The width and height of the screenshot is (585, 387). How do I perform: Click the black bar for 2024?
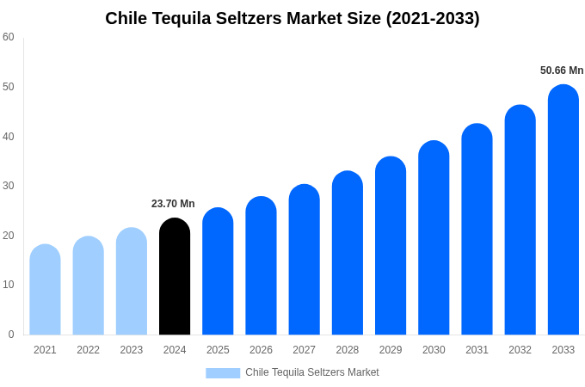(x=175, y=276)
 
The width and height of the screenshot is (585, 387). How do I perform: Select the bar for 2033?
(x=563, y=210)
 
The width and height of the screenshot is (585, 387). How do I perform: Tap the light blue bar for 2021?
(x=45, y=290)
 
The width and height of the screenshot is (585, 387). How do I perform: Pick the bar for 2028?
(x=348, y=253)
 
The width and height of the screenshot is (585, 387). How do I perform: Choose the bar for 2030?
(x=434, y=237)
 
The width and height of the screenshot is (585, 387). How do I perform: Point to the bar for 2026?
(x=261, y=266)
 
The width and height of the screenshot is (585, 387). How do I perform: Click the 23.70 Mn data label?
(x=173, y=204)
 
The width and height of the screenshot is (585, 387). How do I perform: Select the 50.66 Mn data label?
(x=562, y=71)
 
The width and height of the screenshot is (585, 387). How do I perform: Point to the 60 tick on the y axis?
(x=9, y=37)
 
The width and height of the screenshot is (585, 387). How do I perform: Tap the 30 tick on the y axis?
(x=9, y=186)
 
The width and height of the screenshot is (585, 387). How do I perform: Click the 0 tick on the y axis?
(x=11, y=335)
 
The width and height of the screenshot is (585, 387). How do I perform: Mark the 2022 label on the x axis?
(x=88, y=350)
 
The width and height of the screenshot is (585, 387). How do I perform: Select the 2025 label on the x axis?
(x=218, y=350)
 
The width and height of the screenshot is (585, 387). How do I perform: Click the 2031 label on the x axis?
(x=477, y=350)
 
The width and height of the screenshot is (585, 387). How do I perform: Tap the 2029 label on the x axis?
(x=391, y=350)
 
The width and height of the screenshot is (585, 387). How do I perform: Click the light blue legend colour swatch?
(x=223, y=373)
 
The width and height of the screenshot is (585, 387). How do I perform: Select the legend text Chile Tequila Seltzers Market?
(x=312, y=372)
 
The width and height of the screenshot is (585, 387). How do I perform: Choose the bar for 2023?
(x=132, y=281)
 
